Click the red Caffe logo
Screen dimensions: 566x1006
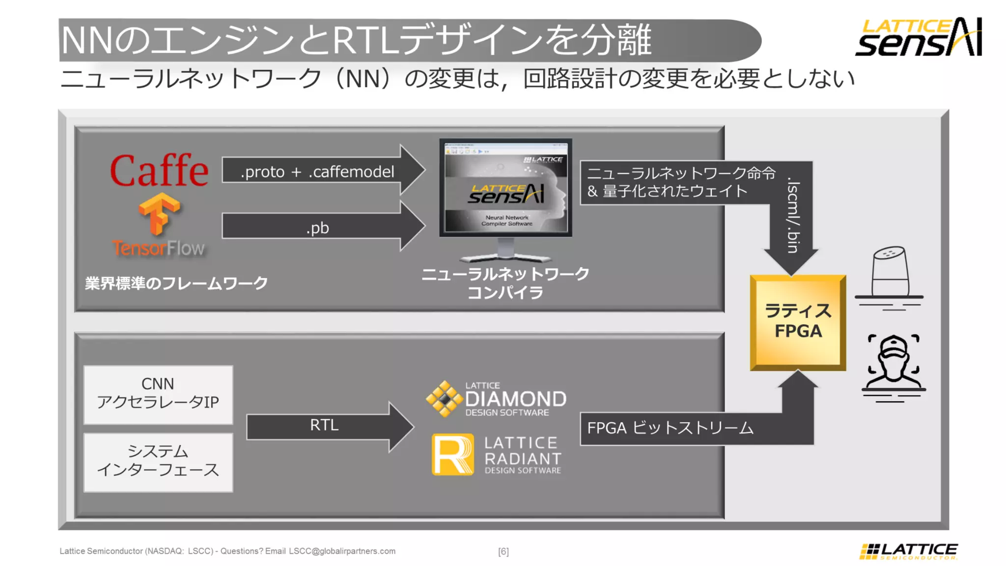pos(159,170)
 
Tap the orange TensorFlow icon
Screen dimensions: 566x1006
pos(159,214)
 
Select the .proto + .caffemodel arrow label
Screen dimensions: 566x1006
pos(317,171)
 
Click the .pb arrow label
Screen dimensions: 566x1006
pos(317,227)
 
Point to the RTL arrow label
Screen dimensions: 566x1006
pos(324,425)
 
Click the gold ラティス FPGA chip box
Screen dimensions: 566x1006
pos(798,322)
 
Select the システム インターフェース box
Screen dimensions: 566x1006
pos(158,461)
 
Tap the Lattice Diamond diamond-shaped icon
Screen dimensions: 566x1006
pos(444,399)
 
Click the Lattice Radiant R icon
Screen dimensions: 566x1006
pos(452,454)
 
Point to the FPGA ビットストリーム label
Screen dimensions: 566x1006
pos(670,428)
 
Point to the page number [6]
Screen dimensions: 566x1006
pos(503,551)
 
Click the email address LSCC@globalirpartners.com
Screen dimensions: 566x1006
pos(342,551)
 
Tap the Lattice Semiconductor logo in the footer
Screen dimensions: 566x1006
pos(909,551)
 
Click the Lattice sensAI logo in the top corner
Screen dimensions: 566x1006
pos(919,37)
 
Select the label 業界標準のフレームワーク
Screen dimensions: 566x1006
pos(176,283)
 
